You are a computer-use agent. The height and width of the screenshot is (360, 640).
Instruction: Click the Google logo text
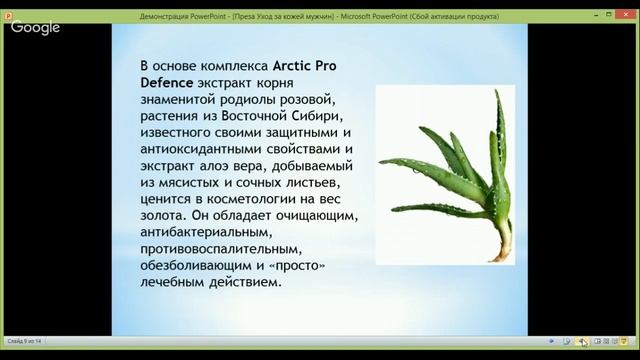pyautogui.click(x=36, y=27)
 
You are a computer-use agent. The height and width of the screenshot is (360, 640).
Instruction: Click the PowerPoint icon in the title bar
pyautogui.click(x=7, y=7)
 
